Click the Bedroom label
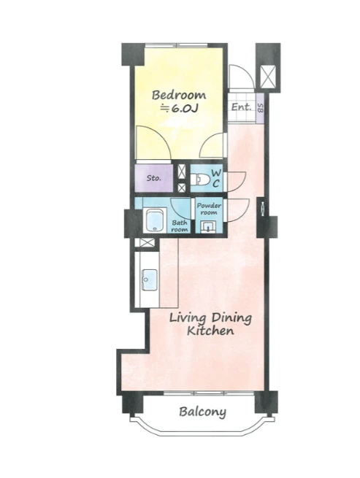[x=179, y=95]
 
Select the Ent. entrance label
[x=241, y=107]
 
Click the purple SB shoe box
[x=260, y=108]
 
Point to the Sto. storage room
[x=154, y=178]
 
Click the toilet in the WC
[x=200, y=180]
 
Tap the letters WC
[x=216, y=179]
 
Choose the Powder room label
[x=209, y=209]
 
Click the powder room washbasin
[x=209, y=227]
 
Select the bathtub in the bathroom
[x=155, y=220]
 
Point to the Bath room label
[x=179, y=226]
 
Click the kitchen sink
[x=150, y=280]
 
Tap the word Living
[x=188, y=319]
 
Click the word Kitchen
[x=210, y=331]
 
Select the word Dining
[x=231, y=319]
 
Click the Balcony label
[x=202, y=412]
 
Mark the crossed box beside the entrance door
[x=268, y=77]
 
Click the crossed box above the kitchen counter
[x=145, y=243]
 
